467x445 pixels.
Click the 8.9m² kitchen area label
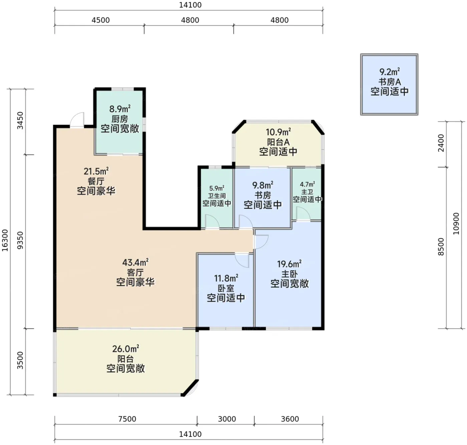(x=120, y=109)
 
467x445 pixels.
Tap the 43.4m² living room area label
(x=135, y=262)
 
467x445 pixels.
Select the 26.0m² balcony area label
(x=125, y=349)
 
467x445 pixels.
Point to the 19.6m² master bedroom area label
(x=289, y=264)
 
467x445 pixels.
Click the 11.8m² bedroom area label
(x=226, y=278)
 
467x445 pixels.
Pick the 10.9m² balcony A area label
(x=278, y=132)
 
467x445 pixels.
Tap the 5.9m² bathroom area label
(x=216, y=188)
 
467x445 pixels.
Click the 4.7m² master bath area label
(x=307, y=184)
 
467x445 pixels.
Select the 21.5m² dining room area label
(x=96, y=171)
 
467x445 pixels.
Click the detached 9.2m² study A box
(x=389, y=85)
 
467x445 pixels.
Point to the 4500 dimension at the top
(x=101, y=20)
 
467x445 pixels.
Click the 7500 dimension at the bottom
(x=127, y=419)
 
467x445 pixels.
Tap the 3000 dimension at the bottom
(x=227, y=419)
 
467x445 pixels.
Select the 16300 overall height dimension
(x=5, y=240)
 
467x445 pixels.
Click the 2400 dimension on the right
(x=441, y=143)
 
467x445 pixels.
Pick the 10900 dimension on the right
(x=456, y=223)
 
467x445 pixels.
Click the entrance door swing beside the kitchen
(x=77, y=120)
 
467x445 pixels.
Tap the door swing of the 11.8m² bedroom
(x=242, y=261)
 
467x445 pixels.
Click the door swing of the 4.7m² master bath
(x=303, y=213)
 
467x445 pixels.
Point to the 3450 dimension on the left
(x=21, y=120)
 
